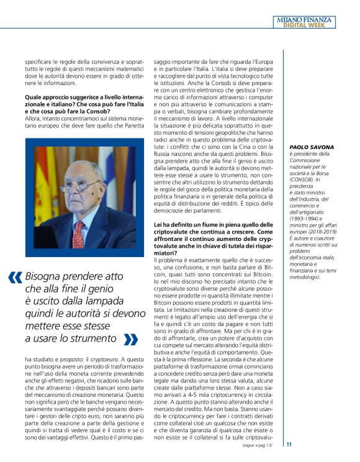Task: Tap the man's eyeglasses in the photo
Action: (x=79, y=186)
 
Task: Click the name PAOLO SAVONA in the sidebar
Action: (x=312, y=147)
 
